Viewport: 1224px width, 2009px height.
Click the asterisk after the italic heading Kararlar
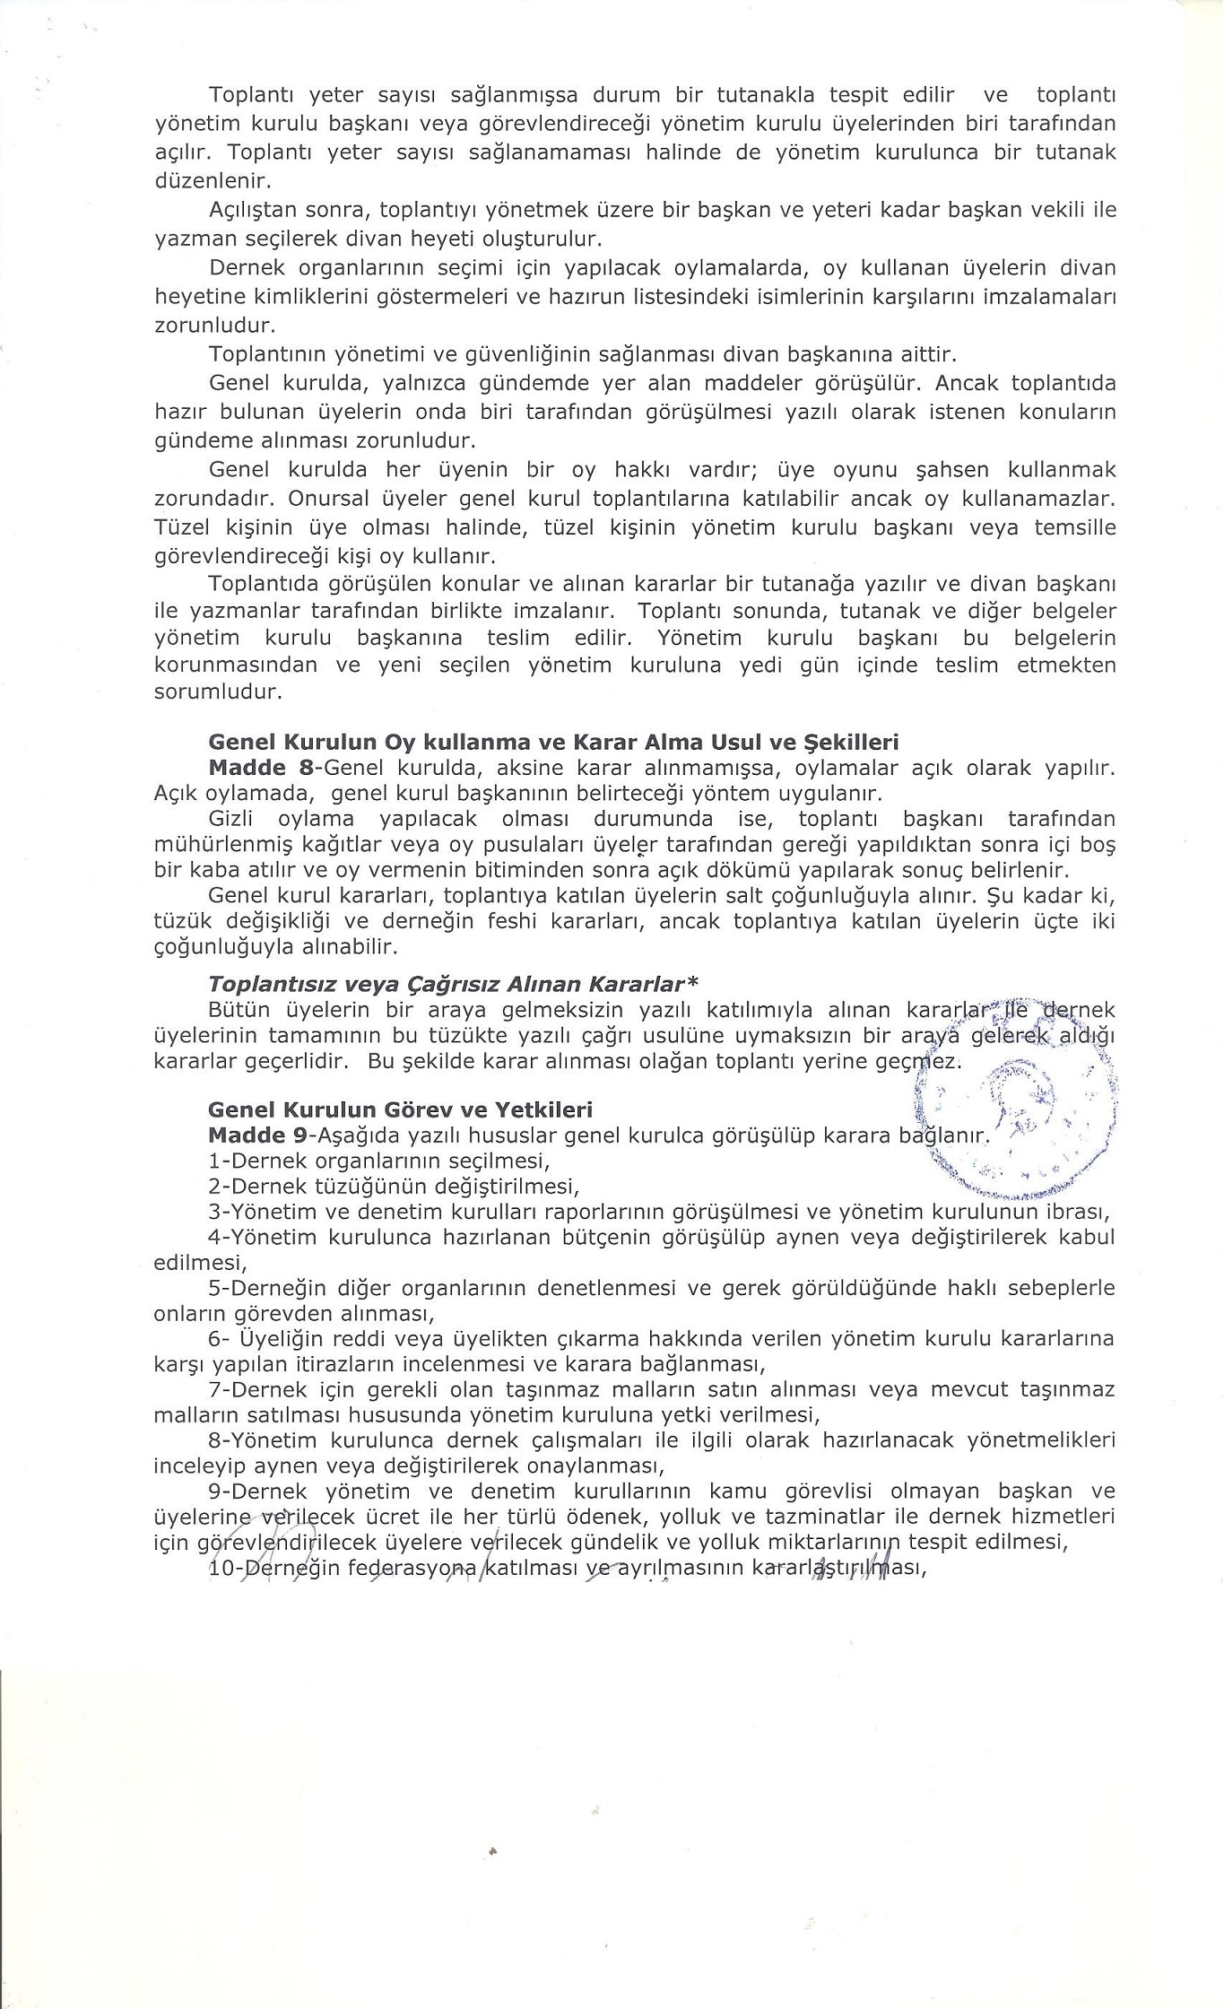pos(692,984)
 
